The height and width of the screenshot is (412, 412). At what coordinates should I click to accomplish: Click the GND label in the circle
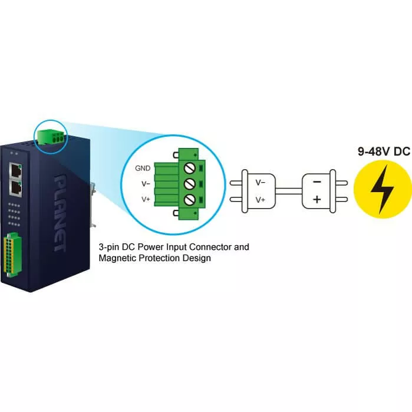point(142,168)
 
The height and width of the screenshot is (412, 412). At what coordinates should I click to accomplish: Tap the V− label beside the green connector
point(145,184)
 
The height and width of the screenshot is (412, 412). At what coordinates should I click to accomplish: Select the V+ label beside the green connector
point(145,200)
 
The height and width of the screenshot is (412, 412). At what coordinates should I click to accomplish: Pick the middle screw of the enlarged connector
point(189,183)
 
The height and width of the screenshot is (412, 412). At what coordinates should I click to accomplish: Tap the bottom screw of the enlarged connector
point(189,199)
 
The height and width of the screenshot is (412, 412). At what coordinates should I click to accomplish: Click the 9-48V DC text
point(383,152)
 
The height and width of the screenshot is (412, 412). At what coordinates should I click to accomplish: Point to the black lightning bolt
point(382,189)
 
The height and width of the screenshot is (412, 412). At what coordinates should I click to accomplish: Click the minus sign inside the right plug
point(317,183)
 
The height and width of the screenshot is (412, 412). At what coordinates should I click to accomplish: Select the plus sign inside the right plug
point(317,199)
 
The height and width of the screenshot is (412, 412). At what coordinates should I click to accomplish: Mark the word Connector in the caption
point(211,248)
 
